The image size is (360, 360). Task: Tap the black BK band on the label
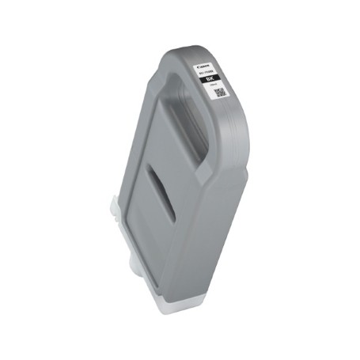(210, 78)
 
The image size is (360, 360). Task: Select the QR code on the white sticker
(220, 93)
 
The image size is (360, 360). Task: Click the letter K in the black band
(214, 79)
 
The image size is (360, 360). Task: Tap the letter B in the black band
(208, 78)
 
